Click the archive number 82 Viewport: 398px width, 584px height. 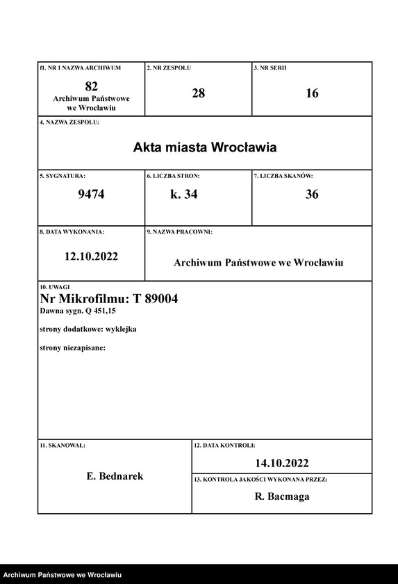point(91,86)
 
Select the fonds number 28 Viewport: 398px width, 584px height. point(198,93)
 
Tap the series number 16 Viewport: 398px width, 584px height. point(312,93)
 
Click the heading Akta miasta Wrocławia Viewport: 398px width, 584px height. point(205,147)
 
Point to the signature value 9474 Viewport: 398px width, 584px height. point(91,195)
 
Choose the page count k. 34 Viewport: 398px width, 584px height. point(184,195)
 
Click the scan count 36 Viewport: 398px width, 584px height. point(312,195)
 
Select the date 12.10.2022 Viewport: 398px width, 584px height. point(91,256)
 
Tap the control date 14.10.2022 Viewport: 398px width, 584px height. point(281,463)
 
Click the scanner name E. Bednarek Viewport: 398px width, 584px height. point(115,476)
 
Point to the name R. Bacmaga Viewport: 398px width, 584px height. point(281,496)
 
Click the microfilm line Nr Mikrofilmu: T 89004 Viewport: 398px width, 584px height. point(109,299)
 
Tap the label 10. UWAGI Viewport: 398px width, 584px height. point(55,286)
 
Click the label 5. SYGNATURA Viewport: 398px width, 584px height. point(63,177)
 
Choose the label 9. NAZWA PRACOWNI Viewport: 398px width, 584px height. point(179,232)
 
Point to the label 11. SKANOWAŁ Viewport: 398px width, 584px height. point(63,444)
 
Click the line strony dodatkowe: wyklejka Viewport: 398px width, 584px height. point(88,329)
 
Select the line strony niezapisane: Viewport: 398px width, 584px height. point(72,347)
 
